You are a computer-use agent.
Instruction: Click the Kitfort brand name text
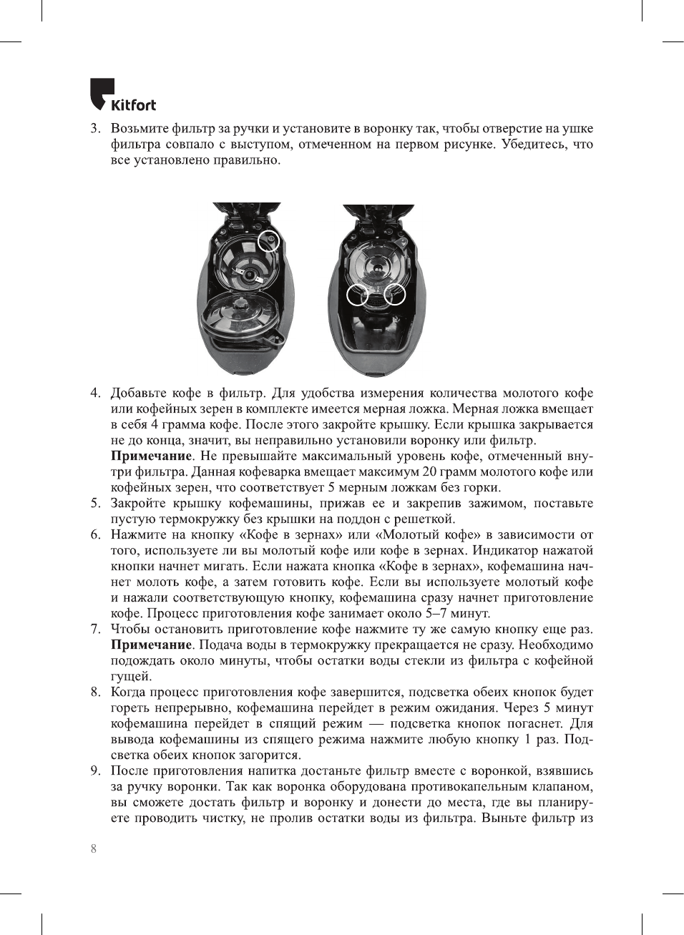133,105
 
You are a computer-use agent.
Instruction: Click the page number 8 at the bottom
93,848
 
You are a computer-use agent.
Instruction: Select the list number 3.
94,129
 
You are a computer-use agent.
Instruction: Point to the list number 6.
94,535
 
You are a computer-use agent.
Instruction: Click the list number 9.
94,771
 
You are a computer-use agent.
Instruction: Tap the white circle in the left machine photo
268,241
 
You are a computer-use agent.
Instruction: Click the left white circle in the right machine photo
357,294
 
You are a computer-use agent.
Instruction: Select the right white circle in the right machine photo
395,294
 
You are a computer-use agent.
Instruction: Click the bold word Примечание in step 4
151,456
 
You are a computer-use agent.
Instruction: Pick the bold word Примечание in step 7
151,645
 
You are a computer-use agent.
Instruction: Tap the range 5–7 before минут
438,614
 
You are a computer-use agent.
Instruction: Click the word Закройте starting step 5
137,504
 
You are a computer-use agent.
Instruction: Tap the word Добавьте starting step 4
139,393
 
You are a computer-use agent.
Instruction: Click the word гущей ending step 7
131,677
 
